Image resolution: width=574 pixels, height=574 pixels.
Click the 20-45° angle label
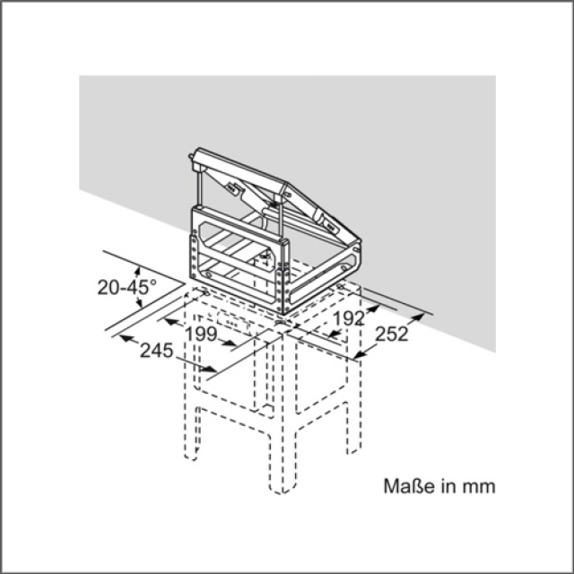tap(127, 287)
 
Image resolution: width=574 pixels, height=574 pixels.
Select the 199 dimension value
tap(201, 334)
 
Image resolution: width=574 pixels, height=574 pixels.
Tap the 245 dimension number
tap(157, 351)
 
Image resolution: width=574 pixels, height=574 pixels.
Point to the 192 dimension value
tap(349, 318)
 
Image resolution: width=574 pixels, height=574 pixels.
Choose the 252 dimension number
tap(392, 334)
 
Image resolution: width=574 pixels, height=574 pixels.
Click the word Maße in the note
tap(410, 486)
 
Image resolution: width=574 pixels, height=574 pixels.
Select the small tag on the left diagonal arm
tap(232, 187)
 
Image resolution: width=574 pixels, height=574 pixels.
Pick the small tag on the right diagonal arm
tap(330, 227)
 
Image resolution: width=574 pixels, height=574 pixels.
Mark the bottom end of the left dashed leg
tap(191, 457)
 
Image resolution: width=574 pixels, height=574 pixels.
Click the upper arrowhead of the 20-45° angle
tap(137, 271)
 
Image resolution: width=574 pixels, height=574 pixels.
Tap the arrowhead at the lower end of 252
tap(360, 354)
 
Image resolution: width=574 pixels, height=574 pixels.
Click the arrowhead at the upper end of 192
tap(373, 309)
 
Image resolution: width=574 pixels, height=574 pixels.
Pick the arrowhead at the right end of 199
tap(230, 343)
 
